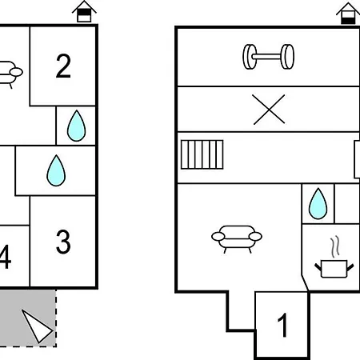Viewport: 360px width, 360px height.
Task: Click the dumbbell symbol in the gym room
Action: tap(269, 57)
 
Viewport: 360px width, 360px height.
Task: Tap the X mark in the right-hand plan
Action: tap(269, 110)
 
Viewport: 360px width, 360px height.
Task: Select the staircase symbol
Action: tap(202, 154)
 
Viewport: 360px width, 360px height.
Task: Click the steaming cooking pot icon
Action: tap(334, 269)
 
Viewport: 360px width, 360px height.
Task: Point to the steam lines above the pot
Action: tap(335, 246)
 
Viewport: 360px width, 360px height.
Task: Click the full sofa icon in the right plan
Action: tap(237, 239)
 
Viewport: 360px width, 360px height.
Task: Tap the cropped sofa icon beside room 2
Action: tap(10, 74)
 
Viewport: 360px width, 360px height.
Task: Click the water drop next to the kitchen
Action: tap(318, 204)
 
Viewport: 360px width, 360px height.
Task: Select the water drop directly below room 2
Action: tap(77, 126)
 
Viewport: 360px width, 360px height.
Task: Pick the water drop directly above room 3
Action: tap(56, 170)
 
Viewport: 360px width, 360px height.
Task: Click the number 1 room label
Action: tap(282, 325)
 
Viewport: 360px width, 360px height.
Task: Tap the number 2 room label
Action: tap(63, 66)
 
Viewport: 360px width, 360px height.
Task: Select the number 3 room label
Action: tap(63, 242)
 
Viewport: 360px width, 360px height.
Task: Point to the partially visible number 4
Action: tap(6, 257)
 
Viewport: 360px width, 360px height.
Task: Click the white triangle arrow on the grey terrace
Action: tap(37, 326)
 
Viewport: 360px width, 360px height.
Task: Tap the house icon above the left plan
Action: tap(84, 11)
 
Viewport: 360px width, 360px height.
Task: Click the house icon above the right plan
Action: tap(348, 14)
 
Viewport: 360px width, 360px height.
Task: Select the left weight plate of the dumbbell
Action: tap(250, 57)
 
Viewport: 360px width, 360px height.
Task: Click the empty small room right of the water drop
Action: tap(347, 203)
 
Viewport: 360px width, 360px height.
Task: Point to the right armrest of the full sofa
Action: tap(255, 236)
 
